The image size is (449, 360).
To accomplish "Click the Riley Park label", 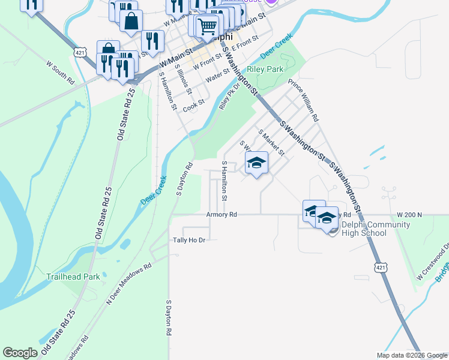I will (269, 69).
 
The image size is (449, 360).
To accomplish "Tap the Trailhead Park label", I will (73, 277).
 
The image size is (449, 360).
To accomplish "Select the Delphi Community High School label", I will (376, 229).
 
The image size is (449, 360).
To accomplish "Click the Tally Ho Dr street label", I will (189, 240).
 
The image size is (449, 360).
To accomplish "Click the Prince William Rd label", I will (303, 97).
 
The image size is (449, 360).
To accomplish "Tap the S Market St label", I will (271, 143).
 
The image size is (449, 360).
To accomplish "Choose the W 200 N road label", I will (410, 214).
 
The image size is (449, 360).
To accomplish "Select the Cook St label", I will (194, 106).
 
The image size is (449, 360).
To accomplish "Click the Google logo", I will (20, 353).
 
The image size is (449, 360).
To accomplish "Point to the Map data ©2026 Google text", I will (412, 355).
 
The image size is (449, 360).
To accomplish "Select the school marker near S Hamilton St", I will (256, 163).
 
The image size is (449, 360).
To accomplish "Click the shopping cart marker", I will (207, 26).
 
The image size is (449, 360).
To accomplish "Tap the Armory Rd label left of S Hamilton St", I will (221, 214).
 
